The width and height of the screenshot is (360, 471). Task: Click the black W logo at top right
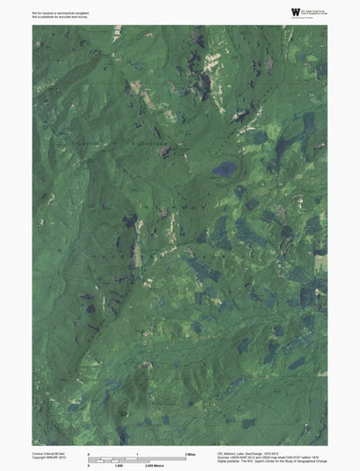pos(294,10)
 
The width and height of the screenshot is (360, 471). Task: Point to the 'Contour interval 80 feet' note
pos(50,452)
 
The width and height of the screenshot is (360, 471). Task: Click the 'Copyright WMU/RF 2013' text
pos(49,457)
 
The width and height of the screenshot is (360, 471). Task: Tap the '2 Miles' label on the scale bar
pos(190,452)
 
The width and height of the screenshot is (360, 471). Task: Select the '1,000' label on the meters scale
pos(117,465)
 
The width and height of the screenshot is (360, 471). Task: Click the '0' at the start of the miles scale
pos(88,452)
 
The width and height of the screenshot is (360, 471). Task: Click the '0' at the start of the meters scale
pos(88,465)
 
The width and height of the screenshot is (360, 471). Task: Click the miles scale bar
pos(136,457)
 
